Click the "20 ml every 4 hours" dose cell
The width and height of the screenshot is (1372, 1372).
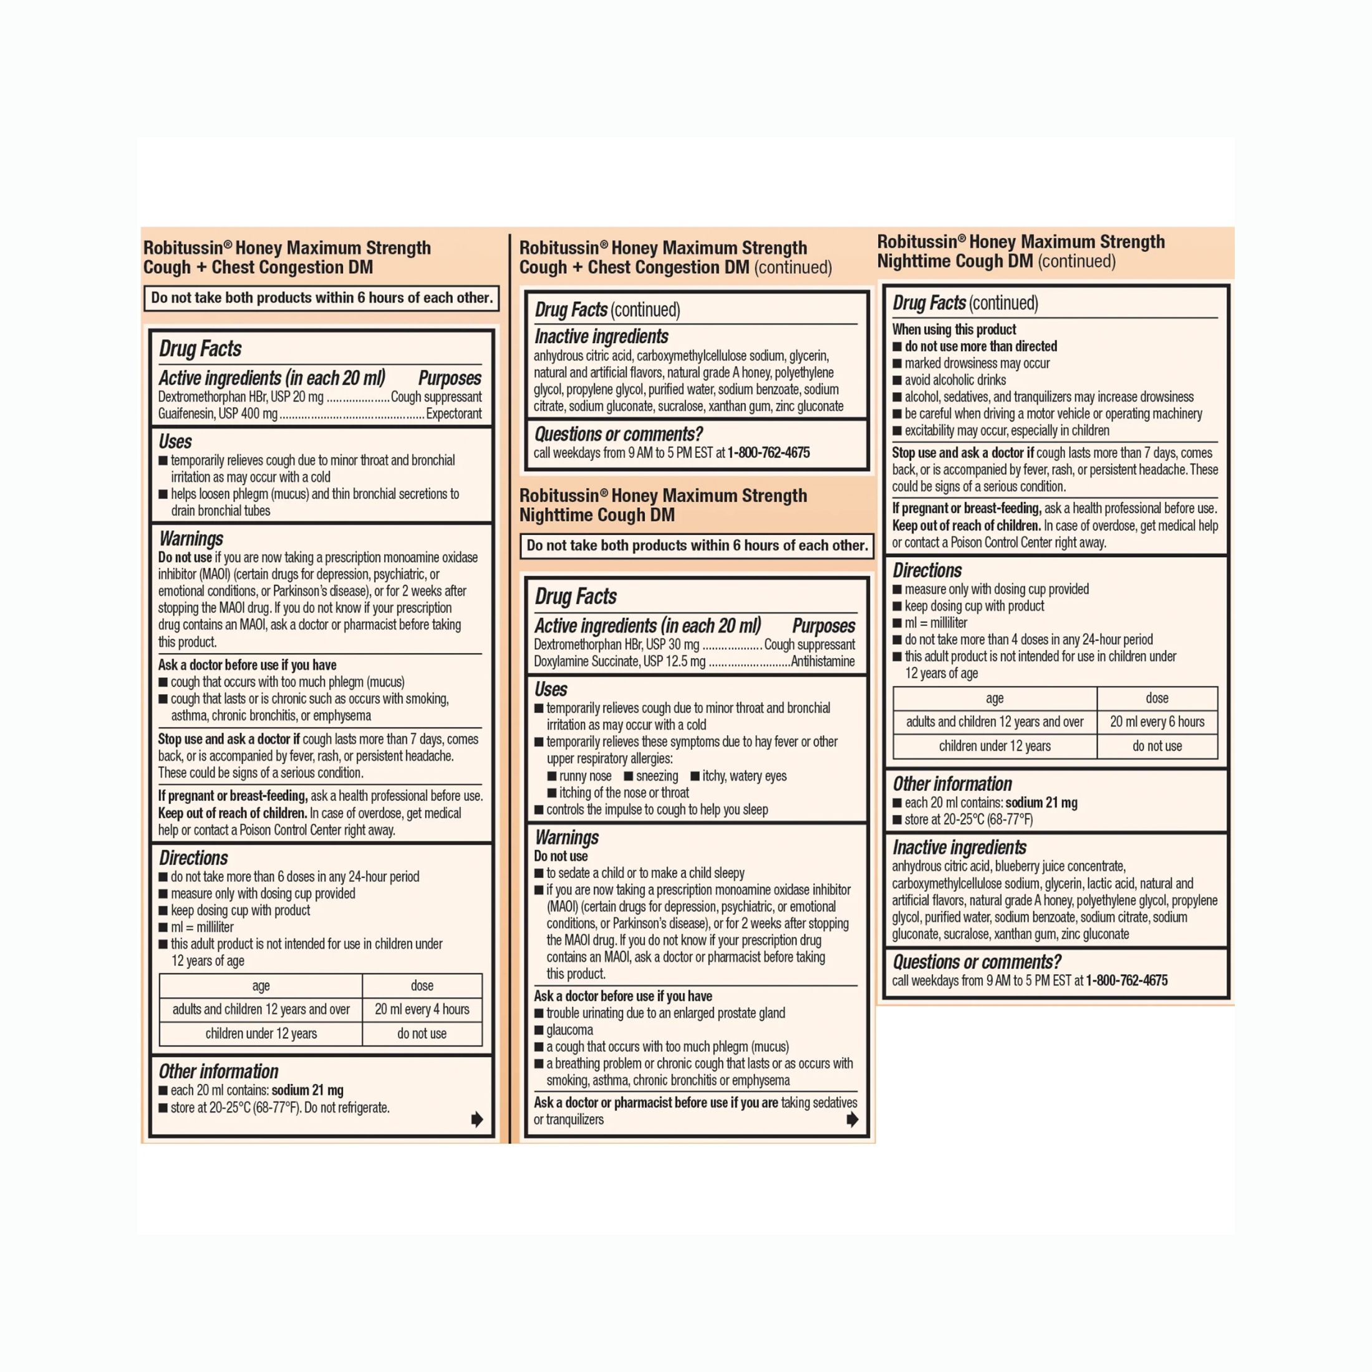422,1009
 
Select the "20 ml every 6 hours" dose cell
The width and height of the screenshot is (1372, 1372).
1157,722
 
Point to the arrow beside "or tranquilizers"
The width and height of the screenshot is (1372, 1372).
852,1120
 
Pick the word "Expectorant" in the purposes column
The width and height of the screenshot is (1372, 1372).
453,413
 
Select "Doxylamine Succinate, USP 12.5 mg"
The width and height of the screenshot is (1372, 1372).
619,661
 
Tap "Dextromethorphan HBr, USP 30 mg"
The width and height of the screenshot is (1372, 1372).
616,644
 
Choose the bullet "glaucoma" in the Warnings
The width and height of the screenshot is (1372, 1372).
569,1030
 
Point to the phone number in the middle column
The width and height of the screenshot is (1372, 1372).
768,452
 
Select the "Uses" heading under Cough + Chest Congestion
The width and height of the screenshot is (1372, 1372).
175,441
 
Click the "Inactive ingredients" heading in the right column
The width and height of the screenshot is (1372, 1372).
959,847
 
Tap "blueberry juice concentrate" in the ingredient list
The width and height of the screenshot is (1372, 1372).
1060,866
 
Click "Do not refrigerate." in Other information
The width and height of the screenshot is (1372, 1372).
347,1108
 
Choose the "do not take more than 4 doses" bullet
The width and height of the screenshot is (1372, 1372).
1028,639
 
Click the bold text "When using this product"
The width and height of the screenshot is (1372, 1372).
954,329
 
